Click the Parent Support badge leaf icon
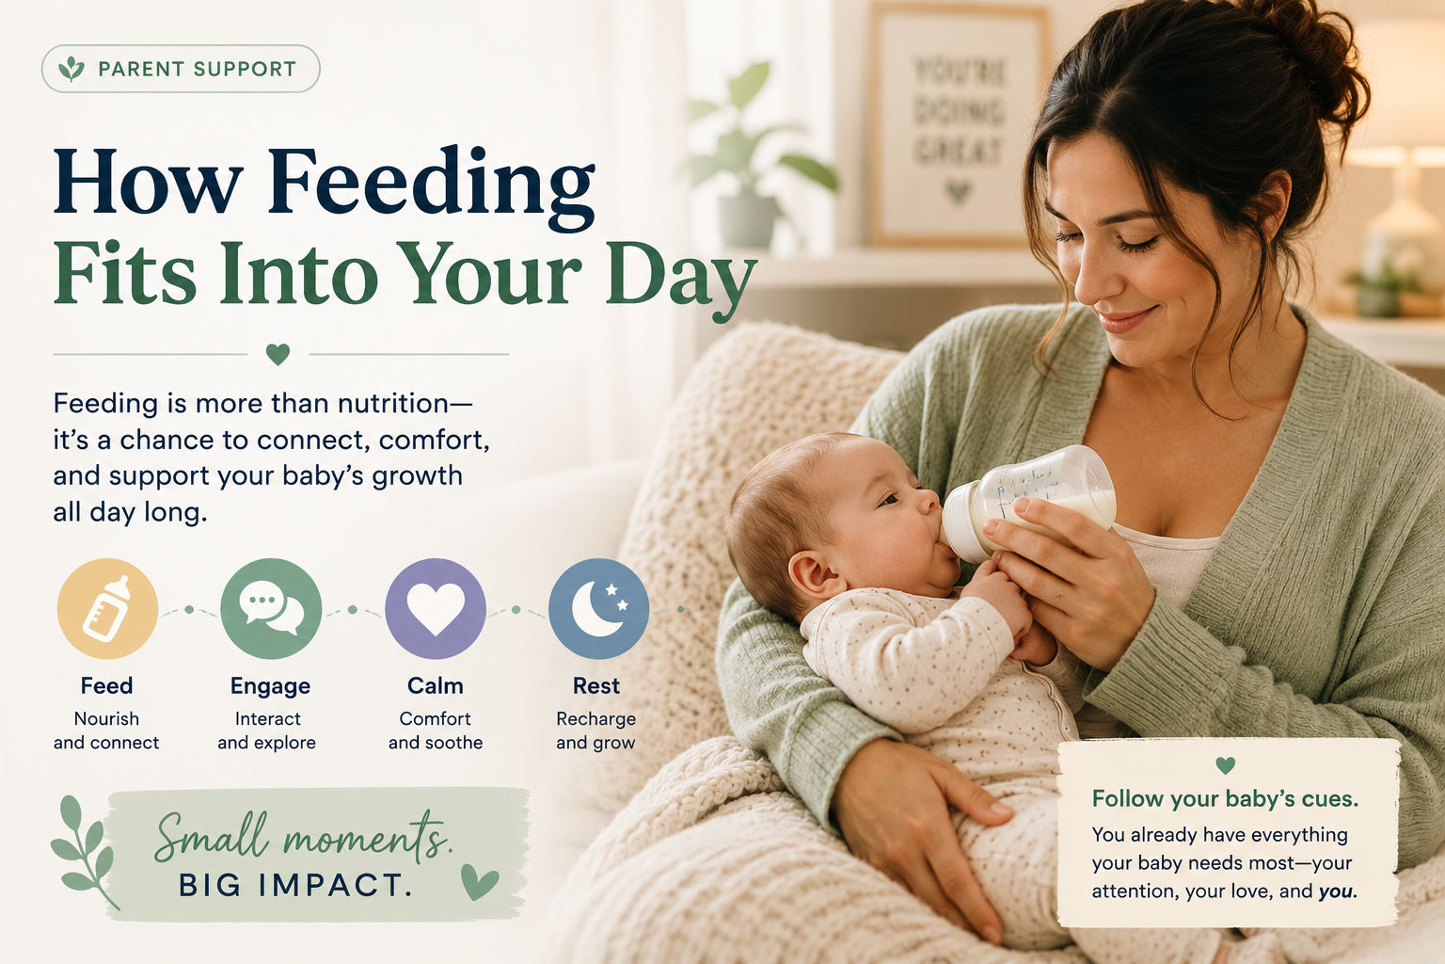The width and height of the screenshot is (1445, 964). point(71,69)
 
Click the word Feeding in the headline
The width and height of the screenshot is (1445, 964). point(431,183)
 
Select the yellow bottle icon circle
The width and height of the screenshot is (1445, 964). point(107,609)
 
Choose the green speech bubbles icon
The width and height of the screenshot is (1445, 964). point(271,609)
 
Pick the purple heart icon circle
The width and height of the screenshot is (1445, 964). point(436,609)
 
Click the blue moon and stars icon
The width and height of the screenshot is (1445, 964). point(598,609)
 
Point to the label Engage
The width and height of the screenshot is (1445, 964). point(270,686)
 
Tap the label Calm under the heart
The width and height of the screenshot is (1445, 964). point(436,685)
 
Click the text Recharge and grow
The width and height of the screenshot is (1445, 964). point(596,731)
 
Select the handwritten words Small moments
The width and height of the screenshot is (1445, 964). point(301,837)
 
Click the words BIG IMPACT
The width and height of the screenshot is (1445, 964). point(294,885)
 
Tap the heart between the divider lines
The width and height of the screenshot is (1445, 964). point(278,354)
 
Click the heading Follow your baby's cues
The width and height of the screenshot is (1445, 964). point(1225,799)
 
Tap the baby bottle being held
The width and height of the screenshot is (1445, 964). point(1028,503)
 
